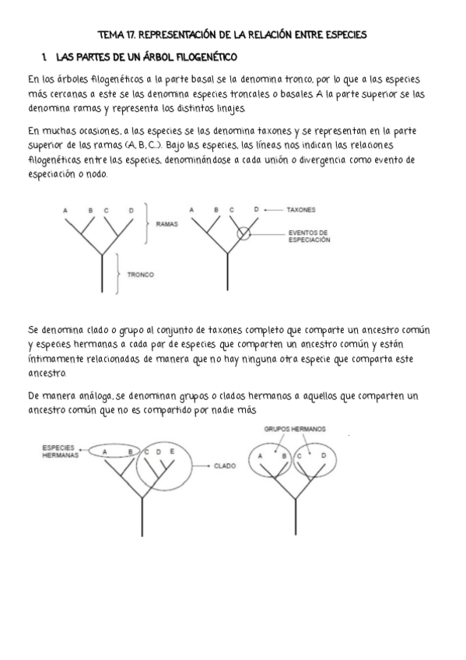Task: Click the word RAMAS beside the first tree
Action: pos(167,223)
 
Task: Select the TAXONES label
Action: pos(300,210)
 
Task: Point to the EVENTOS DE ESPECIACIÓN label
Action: pos(309,236)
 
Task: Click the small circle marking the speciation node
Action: pos(244,232)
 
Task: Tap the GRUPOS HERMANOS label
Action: pos(294,429)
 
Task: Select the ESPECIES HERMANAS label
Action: pos(58,452)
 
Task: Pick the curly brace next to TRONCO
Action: pos(117,274)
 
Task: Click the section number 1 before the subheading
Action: pos(46,58)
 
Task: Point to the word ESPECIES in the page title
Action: pos(345,34)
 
